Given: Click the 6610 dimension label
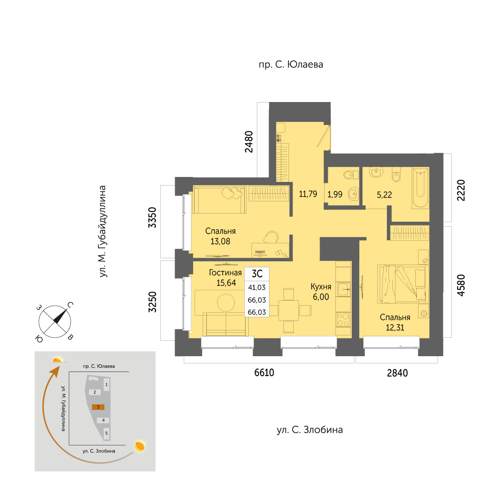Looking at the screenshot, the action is pos(264,372).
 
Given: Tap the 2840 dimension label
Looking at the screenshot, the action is pos(397,373).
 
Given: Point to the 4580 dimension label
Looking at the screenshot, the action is pos(460,285).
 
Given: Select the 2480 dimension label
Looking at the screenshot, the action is pos(249,142).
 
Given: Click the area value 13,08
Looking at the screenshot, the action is pos(220,242).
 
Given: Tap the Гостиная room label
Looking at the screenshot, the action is pos(225,273).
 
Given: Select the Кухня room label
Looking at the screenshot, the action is pos(321,287).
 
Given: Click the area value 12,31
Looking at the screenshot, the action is pos(395,327).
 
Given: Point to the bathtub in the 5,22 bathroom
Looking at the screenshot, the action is pos(420,188).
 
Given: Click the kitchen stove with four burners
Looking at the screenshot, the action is pos(343,319).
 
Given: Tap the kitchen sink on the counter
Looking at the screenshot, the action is pos(344,289).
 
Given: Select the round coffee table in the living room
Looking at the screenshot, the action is pos(226,302).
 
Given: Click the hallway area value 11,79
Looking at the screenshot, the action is pos(308,194).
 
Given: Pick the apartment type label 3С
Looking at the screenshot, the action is pos(257,274).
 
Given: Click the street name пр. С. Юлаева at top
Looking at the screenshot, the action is pos(291,65).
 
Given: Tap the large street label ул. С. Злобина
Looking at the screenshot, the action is pos(310,430).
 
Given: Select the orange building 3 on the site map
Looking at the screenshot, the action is pos(98,407).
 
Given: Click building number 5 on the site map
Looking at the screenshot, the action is pos(107,433).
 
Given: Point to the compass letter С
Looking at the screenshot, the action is pos(70,305).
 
